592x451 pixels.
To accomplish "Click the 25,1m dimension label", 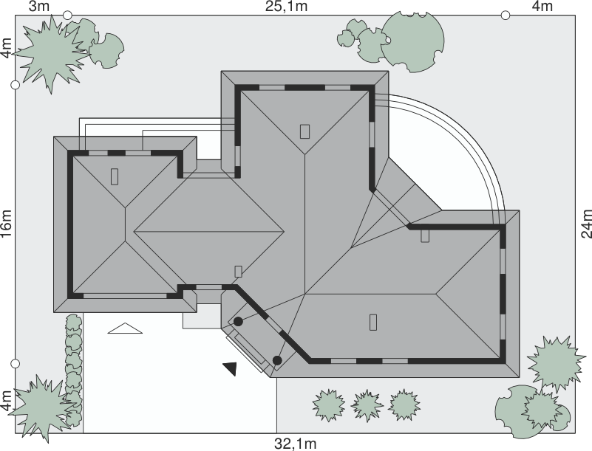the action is coord(286,7).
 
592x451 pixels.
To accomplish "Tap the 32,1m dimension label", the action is coord(295,444).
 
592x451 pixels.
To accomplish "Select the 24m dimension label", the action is coord(586,224).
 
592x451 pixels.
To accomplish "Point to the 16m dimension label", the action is coord(7,224).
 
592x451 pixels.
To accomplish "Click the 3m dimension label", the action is coord(39,6).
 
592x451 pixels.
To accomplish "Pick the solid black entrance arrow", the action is coord(231,368).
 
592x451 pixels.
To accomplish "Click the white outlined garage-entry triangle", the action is coord(125,328).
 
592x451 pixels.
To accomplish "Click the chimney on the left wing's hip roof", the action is coord(115,176).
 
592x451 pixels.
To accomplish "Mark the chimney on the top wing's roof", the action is coord(304,131).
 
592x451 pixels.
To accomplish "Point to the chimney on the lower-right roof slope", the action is coord(373,322).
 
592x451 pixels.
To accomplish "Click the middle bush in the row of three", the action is coord(367,405).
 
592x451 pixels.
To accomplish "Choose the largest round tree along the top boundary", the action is coord(412,41).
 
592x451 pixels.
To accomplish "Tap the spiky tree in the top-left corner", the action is coord(51,53).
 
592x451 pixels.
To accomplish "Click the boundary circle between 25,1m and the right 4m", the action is coord(506,15).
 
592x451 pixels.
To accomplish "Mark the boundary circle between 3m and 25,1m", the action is coord(67,15).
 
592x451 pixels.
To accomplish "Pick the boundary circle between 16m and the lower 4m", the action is coord(15,363).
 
